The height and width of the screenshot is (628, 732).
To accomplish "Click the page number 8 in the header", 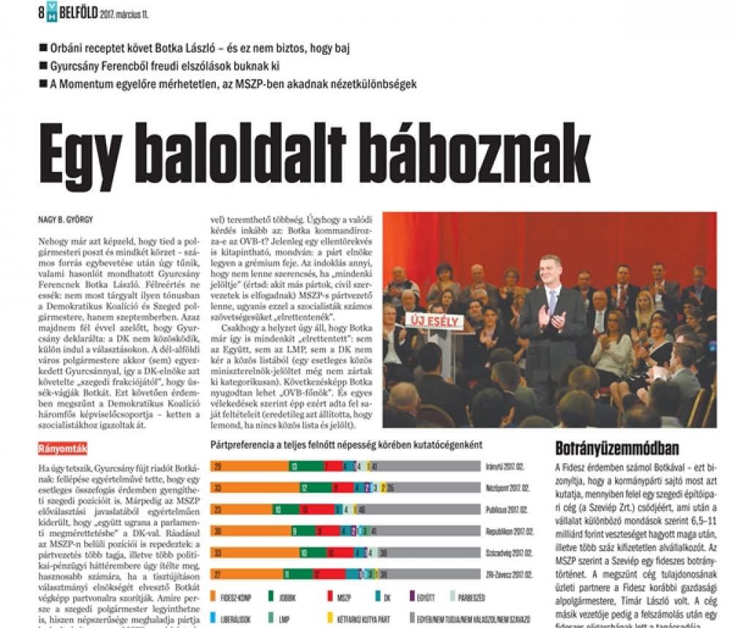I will tap(41, 10).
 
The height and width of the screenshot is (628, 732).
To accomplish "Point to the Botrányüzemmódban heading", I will tap(618, 448).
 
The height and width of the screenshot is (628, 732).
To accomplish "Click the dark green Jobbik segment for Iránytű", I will tap(305, 466).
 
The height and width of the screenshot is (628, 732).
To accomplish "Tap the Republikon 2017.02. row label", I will tap(507, 531).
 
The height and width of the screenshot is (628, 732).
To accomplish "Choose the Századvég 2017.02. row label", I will tap(507, 553).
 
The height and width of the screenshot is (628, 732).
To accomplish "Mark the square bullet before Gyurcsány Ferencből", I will tap(44, 67).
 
